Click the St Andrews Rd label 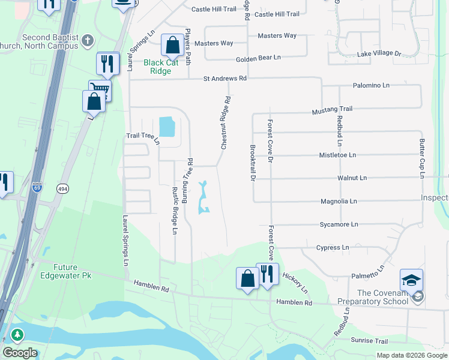click(225, 78)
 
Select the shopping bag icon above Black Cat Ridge click(172, 46)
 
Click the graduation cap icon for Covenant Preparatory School click(411, 281)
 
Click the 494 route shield click(62, 188)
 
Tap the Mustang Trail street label click(332, 110)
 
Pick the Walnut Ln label click(352, 178)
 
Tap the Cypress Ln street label click(332, 247)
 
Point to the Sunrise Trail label click(369, 341)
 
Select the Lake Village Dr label click(379, 54)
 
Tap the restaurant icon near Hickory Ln click(267, 274)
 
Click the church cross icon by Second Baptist click(88, 40)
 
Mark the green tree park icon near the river click(18, 335)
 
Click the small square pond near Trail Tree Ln click(165, 127)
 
